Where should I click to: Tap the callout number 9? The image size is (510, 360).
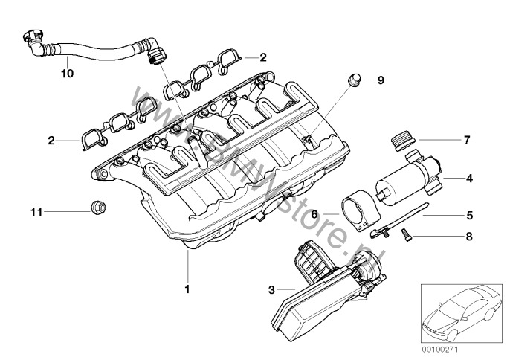[381, 79]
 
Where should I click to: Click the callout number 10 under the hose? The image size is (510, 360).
[67, 73]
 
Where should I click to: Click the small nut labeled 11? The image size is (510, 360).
[96, 208]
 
